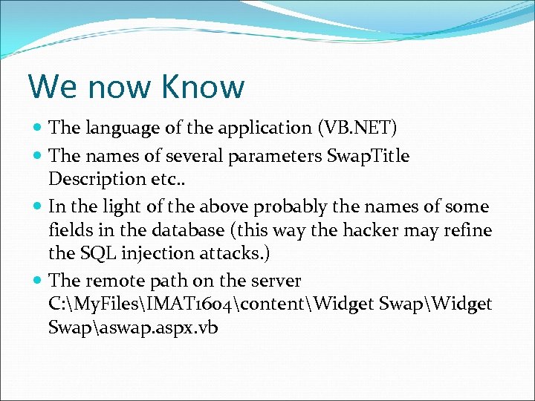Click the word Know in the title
203,86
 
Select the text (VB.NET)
357,128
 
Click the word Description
97,179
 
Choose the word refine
467,230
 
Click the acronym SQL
95,253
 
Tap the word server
276,281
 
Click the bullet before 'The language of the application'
37,128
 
